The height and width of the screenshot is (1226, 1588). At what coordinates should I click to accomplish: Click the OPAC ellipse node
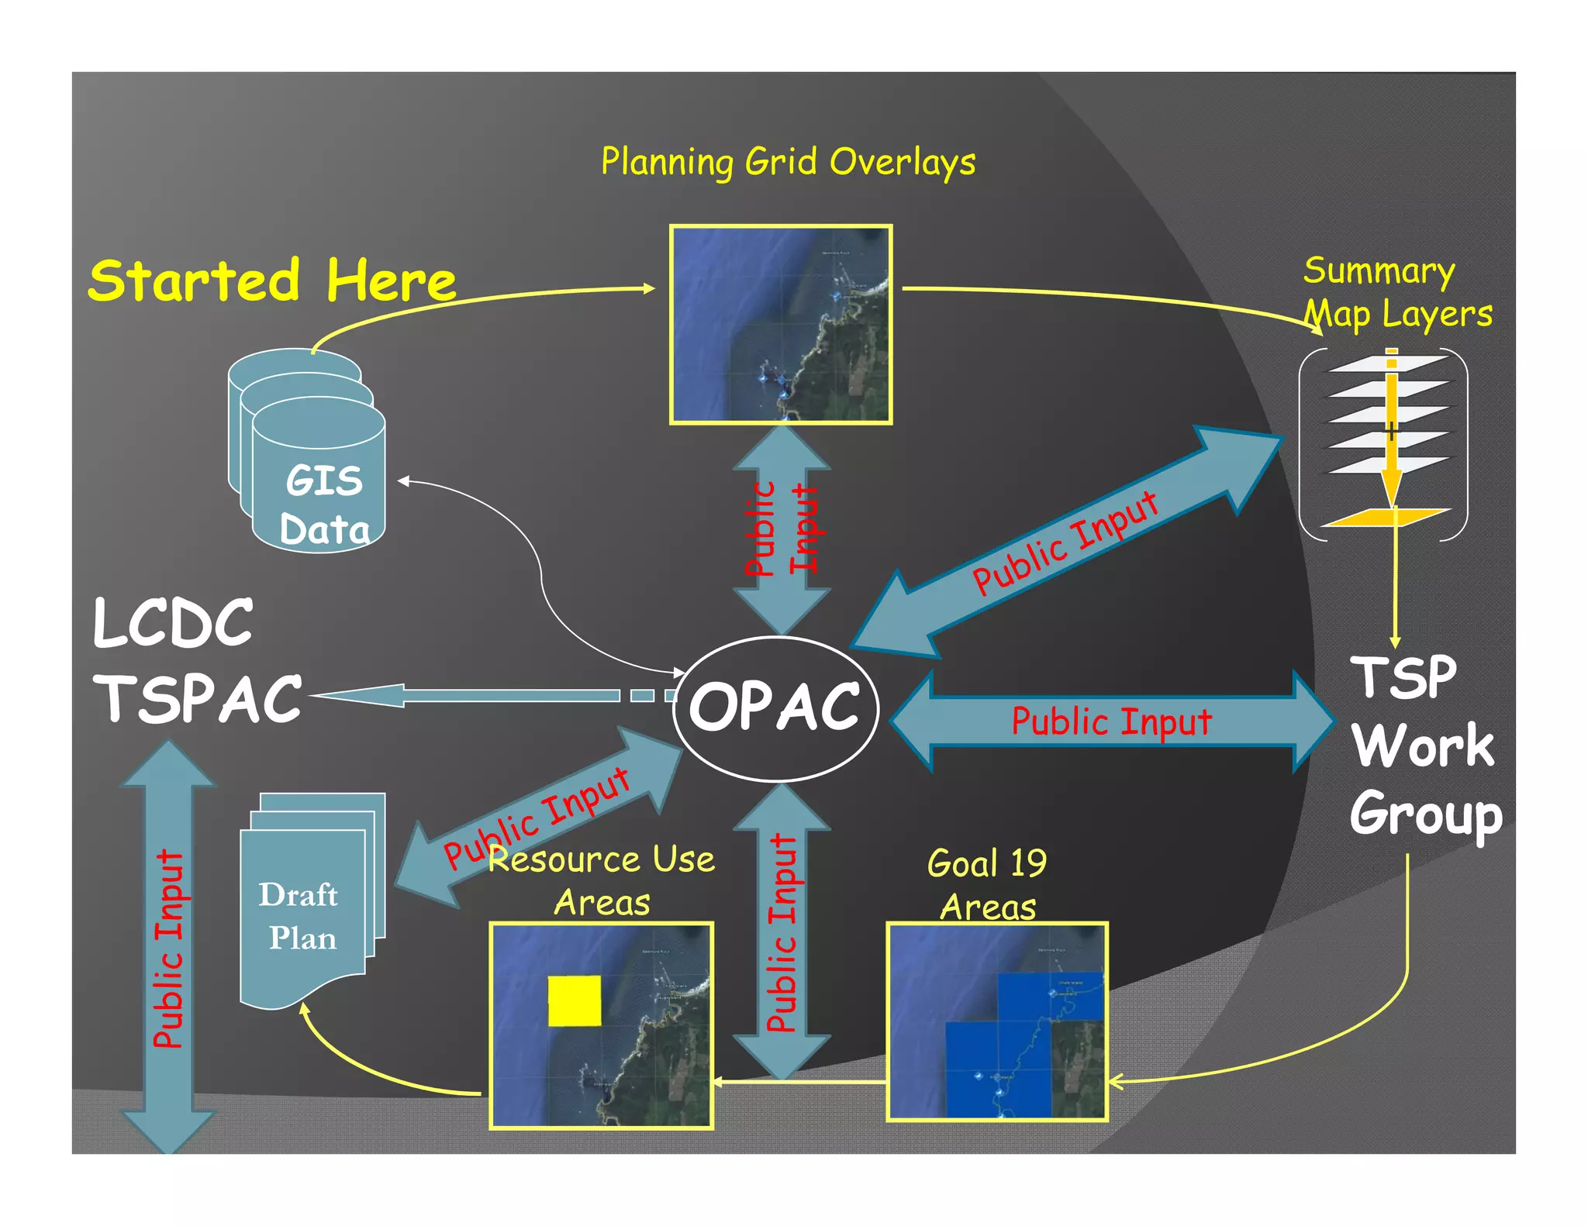point(775,708)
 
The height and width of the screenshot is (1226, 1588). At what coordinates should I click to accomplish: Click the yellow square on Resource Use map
point(574,1000)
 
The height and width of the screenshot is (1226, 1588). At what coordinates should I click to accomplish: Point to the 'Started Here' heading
point(271,281)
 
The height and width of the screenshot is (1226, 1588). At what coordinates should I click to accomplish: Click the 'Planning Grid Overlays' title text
point(788,162)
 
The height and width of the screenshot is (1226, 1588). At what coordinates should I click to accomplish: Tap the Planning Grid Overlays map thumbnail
point(781,324)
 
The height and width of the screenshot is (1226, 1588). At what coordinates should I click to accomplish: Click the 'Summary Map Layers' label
point(1396,293)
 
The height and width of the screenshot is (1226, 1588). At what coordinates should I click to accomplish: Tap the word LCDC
point(173,623)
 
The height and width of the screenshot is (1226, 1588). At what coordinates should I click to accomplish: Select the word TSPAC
point(198,698)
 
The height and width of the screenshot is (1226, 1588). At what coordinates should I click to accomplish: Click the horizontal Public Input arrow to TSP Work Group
point(1111,721)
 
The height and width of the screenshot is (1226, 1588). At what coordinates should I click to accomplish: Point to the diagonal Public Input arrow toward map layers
point(1066,542)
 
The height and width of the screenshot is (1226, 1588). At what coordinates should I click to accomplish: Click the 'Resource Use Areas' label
point(602,881)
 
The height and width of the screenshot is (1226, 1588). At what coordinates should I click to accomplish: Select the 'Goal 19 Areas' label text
point(987,884)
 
